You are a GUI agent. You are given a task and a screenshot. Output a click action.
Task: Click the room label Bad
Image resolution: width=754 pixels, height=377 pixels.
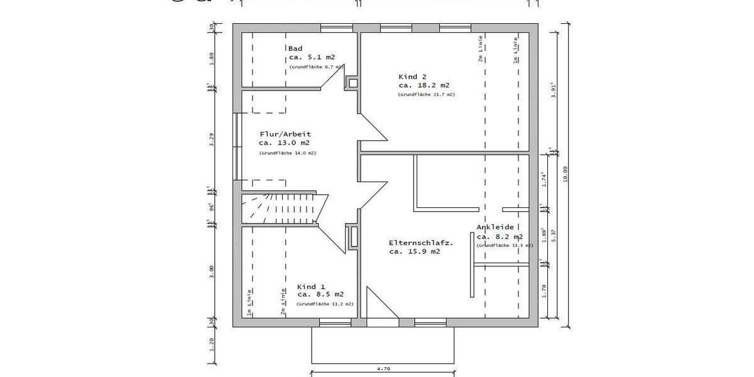click(x=295, y=48)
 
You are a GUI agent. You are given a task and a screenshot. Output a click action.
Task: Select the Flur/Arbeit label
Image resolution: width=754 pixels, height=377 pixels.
click(x=285, y=134)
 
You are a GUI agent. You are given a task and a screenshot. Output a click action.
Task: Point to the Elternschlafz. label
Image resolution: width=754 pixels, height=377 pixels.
click(x=421, y=242)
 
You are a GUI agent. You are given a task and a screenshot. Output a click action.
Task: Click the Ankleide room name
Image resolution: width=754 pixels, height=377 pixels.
click(x=496, y=227)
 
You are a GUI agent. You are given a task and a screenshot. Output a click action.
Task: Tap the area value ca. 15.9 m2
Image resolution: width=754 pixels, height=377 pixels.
click(x=414, y=251)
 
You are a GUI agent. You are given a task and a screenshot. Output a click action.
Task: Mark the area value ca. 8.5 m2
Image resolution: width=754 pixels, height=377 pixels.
click(x=320, y=294)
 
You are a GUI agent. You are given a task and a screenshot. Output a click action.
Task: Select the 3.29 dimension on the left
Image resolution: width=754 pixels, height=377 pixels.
click(x=212, y=139)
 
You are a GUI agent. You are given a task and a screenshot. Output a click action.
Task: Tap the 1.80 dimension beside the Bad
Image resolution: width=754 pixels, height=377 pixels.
click(x=212, y=58)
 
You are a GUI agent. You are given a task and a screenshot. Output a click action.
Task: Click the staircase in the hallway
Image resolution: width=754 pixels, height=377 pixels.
click(x=286, y=208)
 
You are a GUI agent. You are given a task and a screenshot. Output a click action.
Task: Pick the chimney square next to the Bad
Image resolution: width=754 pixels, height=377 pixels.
click(x=353, y=82)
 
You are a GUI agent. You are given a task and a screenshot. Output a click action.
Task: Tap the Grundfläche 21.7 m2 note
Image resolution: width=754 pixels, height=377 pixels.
click(x=426, y=94)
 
